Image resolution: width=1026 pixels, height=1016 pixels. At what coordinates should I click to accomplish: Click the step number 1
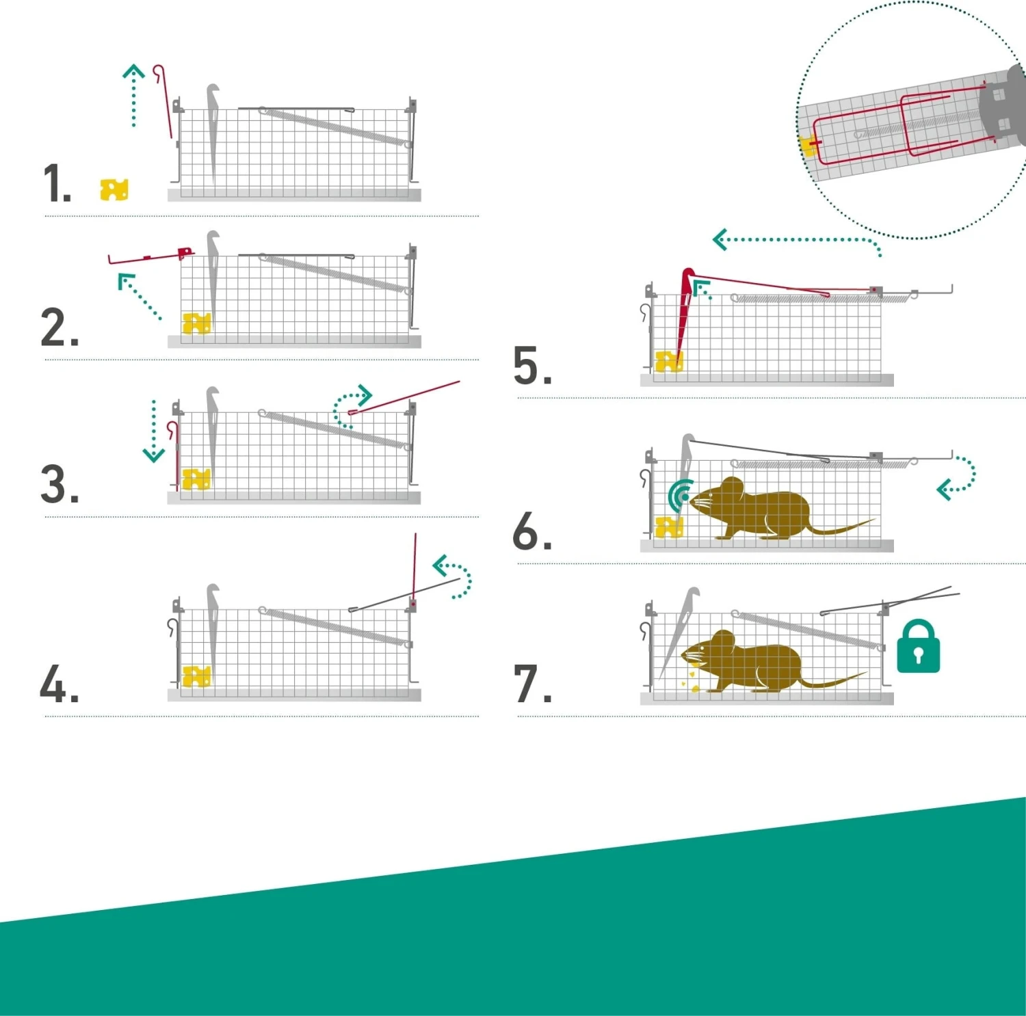click(57, 183)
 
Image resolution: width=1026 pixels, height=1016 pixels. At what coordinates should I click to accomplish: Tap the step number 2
click(60, 327)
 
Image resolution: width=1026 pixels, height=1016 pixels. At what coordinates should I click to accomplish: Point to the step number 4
click(60, 684)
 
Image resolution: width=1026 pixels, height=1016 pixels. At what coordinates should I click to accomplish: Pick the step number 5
click(533, 366)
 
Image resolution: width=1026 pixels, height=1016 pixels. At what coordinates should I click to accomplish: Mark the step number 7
click(533, 684)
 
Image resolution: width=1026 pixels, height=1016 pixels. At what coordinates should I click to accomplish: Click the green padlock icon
click(918, 646)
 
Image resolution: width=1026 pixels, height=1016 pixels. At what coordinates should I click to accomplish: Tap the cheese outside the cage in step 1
click(114, 189)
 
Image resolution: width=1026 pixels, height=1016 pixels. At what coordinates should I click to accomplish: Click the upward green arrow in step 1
click(133, 96)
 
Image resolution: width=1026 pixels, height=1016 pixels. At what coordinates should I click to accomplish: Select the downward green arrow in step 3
click(153, 431)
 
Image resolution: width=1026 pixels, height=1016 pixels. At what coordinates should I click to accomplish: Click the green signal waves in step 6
click(679, 496)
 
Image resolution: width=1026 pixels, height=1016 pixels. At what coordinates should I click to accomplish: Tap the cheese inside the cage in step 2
click(196, 323)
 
